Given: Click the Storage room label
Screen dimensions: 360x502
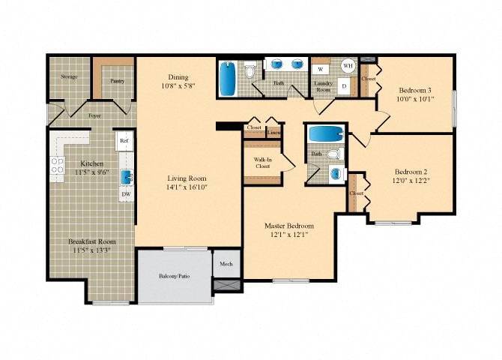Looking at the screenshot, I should click(70, 76).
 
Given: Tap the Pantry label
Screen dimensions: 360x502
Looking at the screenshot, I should click(117, 80).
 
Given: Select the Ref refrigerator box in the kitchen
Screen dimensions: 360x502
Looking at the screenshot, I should click(124, 140).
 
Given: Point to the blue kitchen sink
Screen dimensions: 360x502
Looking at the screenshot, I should click(127, 177).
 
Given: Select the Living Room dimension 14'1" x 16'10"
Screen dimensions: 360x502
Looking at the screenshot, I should click(187, 187).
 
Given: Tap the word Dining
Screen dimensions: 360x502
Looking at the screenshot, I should click(178, 77).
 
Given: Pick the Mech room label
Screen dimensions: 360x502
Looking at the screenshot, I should click(227, 264).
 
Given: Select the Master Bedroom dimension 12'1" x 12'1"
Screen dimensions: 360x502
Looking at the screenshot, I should click(288, 235).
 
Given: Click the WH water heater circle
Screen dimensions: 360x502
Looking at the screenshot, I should click(348, 66).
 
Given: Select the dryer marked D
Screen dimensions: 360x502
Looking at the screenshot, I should click(344, 85).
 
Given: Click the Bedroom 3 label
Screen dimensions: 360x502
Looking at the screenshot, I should click(414, 90).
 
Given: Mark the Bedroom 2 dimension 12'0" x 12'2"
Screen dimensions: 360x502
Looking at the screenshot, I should click(410, 181).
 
